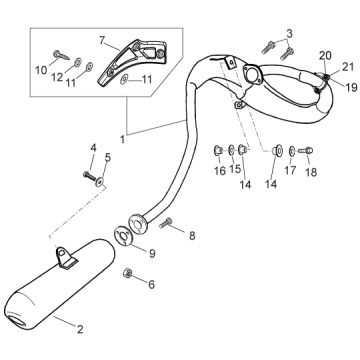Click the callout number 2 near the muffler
coord(80,329)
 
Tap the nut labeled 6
coord(127,273)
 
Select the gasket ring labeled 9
coord(123,236)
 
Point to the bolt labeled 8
coord(166,223)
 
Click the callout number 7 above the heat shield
coord(103,41)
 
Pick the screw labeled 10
coord(61,55)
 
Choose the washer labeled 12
coord(78,61)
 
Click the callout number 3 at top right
coord(289,34)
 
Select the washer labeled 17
coord(292,151)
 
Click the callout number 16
coord(220,171)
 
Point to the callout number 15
coord(235,168)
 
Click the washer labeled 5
coord(100,182)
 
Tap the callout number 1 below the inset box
coord(123,139)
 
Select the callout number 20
coord(326,56)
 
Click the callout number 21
coord(348,67)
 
